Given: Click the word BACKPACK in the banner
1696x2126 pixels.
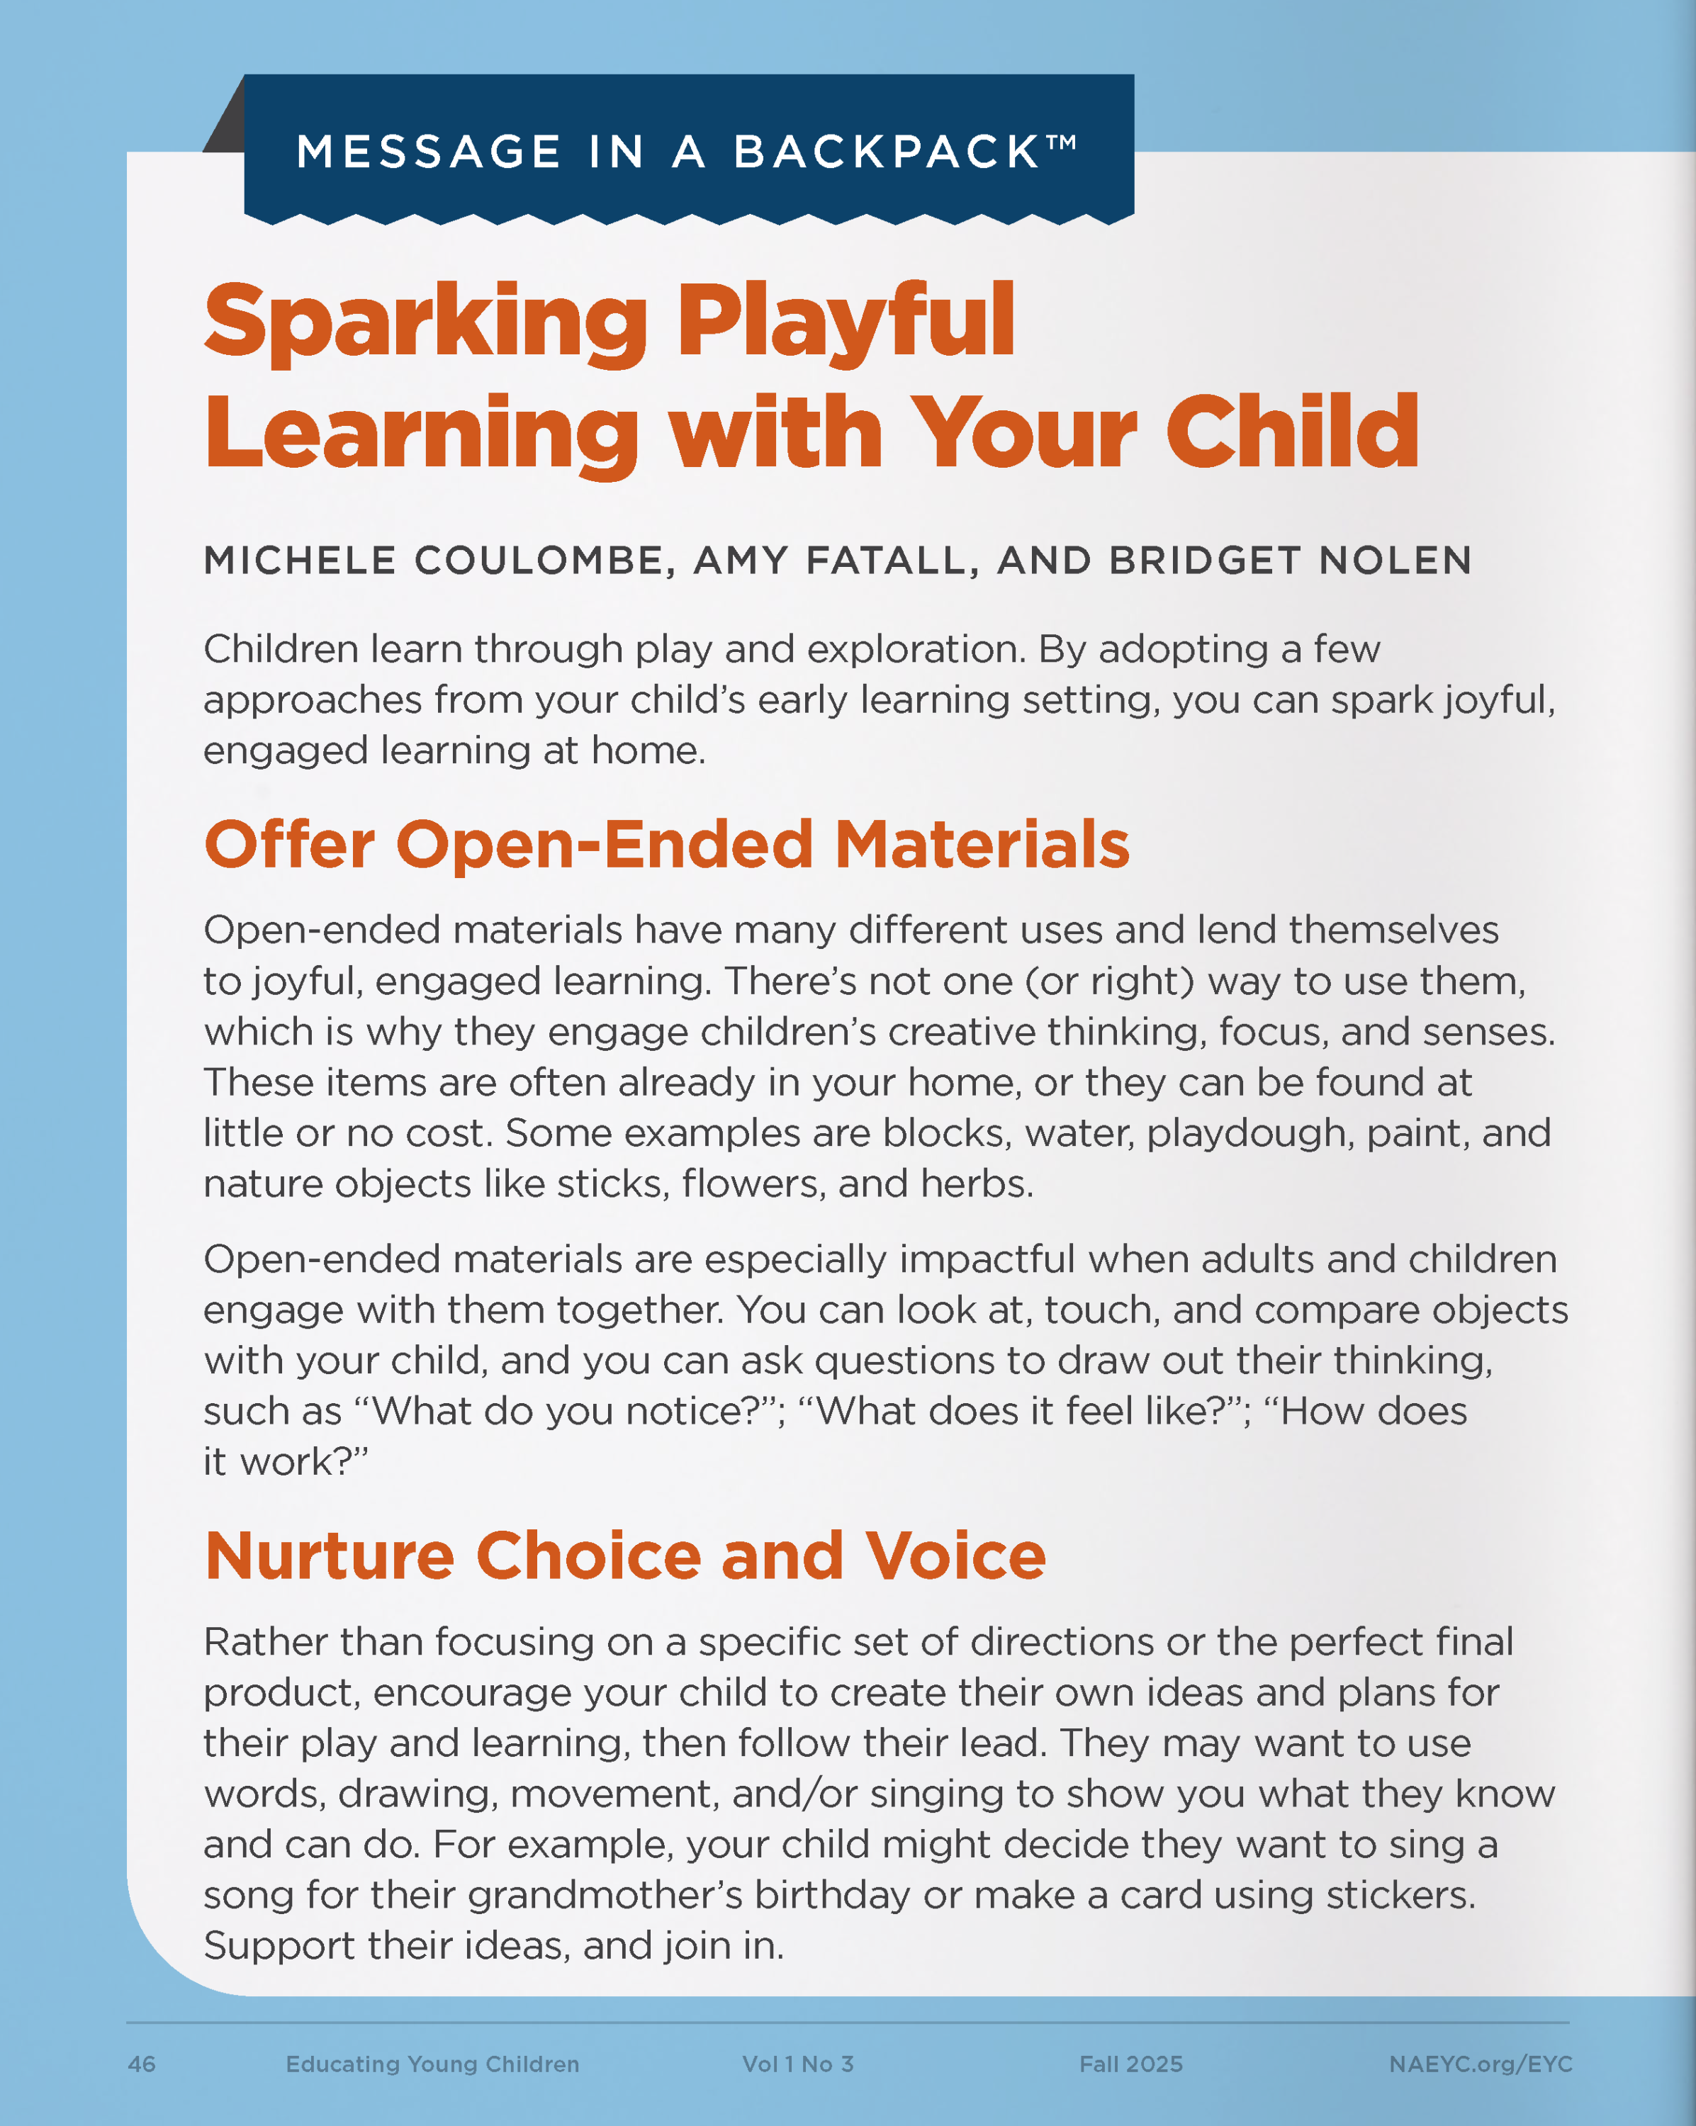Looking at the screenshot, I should (x=885, y=153).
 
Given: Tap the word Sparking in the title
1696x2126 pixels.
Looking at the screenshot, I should (x=425, y=322).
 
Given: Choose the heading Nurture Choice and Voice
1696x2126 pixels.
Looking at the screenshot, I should (x=624, y=1556).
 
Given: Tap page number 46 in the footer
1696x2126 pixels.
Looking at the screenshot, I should (x=142, y=2064).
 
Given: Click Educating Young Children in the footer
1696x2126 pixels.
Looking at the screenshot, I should (x=432, y=2064).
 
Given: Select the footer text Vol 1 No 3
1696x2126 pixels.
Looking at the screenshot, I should (x=798, y=2064).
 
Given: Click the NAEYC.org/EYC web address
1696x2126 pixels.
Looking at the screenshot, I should (x=1480, y=2064).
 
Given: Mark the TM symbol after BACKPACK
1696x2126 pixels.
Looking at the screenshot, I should (x=1061, y=142).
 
